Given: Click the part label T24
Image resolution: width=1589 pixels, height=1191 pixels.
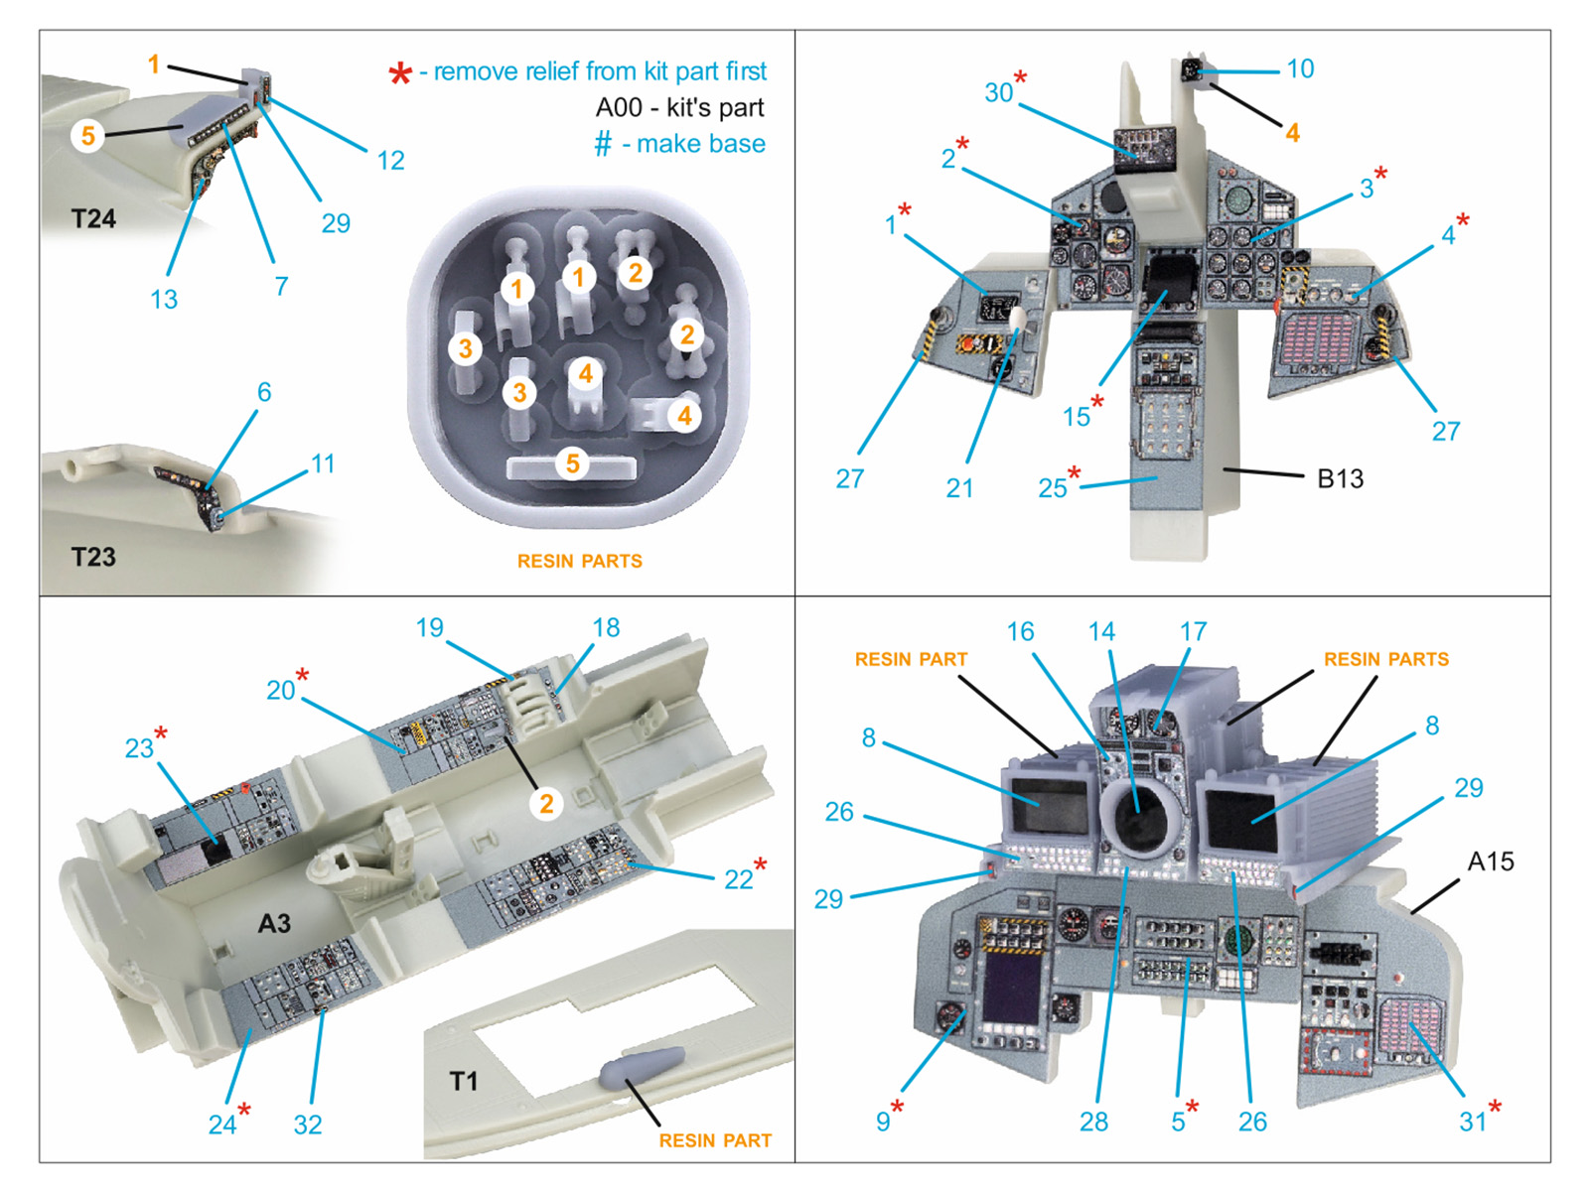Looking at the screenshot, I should click(x=93, y=219).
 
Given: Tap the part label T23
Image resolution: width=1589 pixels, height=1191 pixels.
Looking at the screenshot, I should click(x=93, y=557).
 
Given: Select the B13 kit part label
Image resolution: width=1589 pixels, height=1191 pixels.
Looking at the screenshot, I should click(x=1340, y=479).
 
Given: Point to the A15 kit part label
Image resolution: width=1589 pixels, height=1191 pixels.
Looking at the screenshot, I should click(x=1491, y=861).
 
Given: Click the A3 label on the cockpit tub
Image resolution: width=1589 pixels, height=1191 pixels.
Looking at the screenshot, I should click(x=274, y=924).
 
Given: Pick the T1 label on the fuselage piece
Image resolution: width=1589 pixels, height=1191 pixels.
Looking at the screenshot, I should click(x=464, y=1081).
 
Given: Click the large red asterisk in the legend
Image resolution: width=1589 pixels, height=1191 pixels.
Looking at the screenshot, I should click(x=400, y=74).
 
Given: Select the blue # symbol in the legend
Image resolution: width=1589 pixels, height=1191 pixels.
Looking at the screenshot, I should click(x=603, y=145).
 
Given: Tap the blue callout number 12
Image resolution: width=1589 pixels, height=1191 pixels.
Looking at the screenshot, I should click(x=390, y=161).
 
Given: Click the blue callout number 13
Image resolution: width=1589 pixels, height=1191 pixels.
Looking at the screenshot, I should click(x=164, y=299).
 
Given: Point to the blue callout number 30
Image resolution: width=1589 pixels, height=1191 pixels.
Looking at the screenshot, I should click(x=998, y=92).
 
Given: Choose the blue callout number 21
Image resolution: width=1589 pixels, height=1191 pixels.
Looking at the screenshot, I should click(x=959, y=488).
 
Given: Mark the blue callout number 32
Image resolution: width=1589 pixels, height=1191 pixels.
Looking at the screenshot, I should click(x=308, y=1125).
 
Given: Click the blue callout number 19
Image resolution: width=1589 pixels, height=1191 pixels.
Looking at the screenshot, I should click(x=429, y=627).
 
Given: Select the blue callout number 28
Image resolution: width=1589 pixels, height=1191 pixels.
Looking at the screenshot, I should click(x=1093, y=1122).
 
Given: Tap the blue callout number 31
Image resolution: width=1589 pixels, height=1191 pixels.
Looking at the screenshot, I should click(x=1472, y=1122).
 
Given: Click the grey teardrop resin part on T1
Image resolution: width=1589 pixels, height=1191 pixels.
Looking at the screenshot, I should click(x=642, y=1066).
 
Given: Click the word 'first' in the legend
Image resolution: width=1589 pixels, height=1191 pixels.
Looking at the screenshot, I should click(x=746, y=71).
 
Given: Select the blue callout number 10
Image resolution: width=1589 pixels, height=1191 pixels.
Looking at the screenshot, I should click(x=1300, y=68).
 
